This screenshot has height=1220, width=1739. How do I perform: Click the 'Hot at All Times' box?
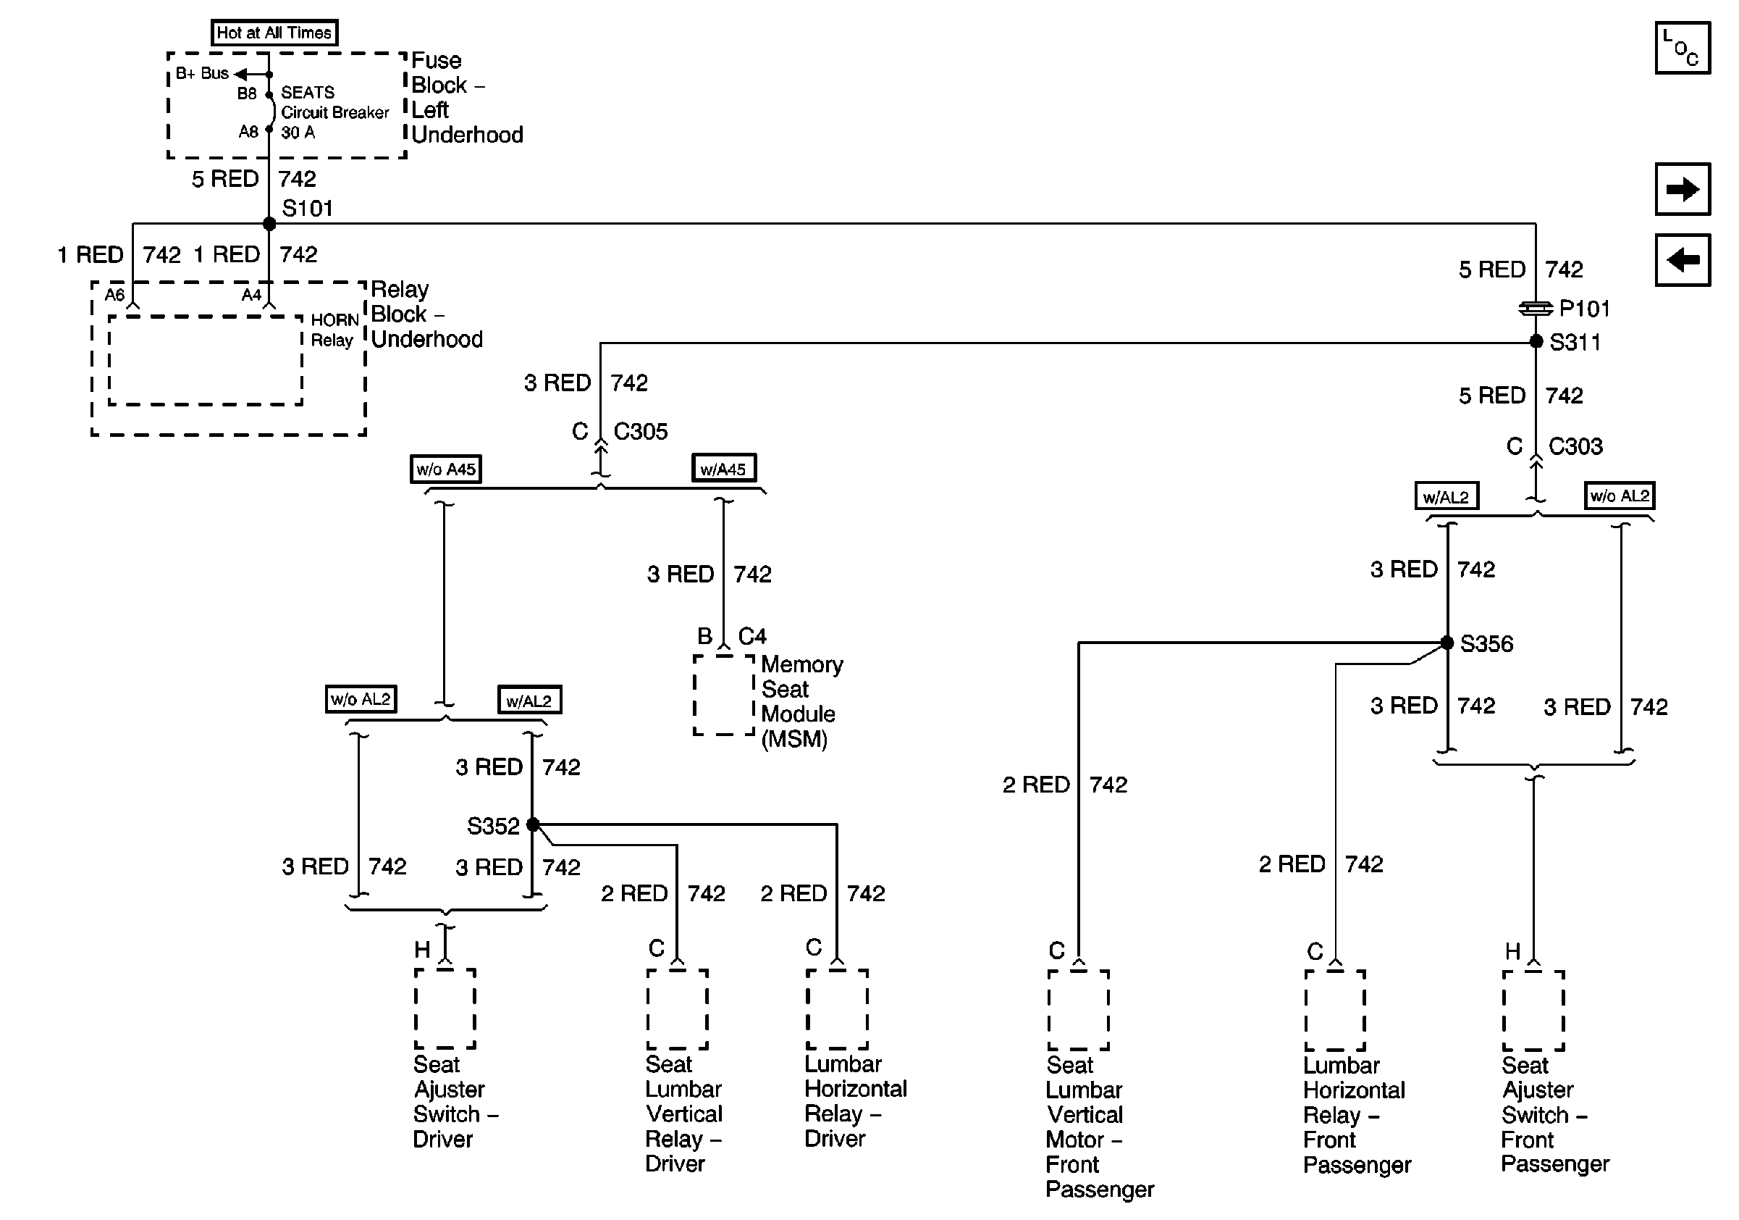point(274,33)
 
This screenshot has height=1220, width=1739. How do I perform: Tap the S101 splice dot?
point(269,224)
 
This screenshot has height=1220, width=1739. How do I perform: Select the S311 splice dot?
point(1536,342)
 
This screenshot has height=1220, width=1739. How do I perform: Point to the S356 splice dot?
point(1447,643)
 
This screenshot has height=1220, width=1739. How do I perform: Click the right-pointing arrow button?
point(1683,188)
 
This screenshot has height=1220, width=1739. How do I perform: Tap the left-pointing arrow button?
point(1683,260)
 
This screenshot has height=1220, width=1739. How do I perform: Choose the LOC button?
point(1683,48)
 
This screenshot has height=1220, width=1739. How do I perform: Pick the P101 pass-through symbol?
point(1536,309)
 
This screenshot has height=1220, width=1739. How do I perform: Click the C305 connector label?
point(640,431)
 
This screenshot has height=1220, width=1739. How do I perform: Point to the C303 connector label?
point(1575,446)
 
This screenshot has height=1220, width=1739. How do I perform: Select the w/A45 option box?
point(723,468)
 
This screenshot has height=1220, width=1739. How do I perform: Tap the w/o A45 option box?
point(445,469)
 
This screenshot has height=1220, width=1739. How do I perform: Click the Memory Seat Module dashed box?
point(724,695)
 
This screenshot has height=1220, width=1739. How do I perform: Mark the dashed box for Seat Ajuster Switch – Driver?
point(445,1008)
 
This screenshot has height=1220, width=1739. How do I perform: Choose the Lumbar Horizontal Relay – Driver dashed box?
point(837,1009)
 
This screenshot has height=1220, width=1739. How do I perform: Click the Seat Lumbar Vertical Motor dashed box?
point(1079,1010)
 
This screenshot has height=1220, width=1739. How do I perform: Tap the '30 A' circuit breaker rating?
point(298,133)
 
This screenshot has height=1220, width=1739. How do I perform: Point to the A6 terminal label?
point(114,294)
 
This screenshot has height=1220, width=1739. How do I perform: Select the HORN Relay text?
point(334,330)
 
